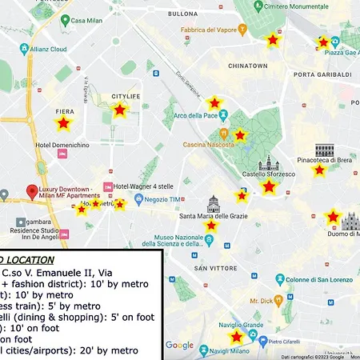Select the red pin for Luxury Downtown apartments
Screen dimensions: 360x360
32,192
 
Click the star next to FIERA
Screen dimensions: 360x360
62,123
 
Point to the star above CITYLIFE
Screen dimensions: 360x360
119,110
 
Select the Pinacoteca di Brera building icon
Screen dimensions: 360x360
324,150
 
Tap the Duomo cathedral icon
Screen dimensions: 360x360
350,221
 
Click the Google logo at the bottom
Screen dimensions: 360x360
179,346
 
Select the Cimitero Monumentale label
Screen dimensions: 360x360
296,6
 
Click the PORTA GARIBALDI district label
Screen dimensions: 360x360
322,74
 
